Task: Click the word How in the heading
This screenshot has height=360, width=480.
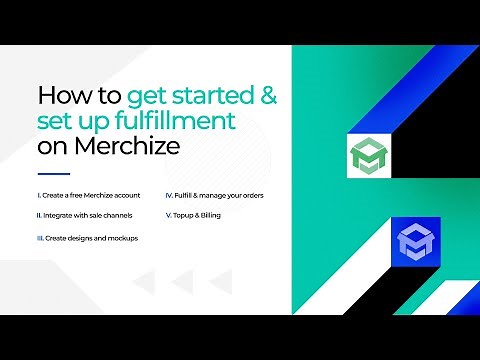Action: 61,97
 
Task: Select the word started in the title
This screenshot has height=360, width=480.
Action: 213,97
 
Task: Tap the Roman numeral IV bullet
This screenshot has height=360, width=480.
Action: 168,194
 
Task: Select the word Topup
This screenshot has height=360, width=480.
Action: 185,215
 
